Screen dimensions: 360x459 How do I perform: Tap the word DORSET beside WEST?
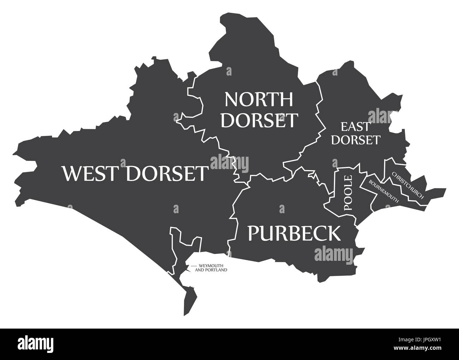[x=166, y=173]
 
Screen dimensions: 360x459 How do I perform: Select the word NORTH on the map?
[x=259, y=99]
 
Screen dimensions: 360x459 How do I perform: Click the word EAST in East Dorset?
[x=356, y=126]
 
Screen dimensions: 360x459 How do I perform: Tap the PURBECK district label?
[x=294, y=233]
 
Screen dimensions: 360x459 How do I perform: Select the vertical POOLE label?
[x=348, y=193]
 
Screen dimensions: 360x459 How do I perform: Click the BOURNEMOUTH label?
[x=383, y=191]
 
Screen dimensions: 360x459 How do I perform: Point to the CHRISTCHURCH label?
[x=407, y=185]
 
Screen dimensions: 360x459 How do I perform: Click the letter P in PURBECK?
[x=255, y=233]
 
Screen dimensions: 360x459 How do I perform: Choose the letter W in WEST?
[x=72, y=173]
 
